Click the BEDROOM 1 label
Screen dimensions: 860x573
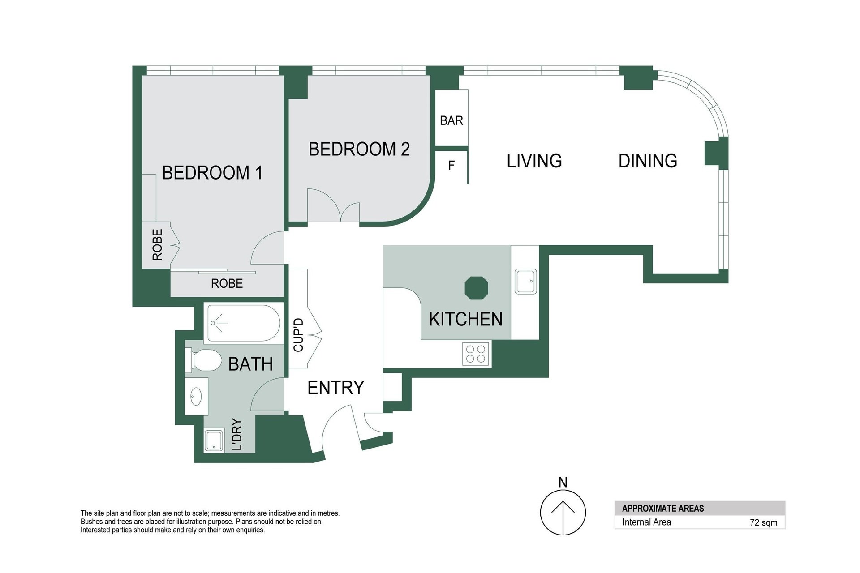[212, 173]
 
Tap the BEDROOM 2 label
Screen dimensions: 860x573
[359, 149]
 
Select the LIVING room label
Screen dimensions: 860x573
[534, 161]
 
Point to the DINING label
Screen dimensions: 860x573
[648, 161]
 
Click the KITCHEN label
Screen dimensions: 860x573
[466, 319]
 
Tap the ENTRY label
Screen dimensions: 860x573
[336, 388]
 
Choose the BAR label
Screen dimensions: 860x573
[451, 120]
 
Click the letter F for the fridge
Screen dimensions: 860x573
[451, 166]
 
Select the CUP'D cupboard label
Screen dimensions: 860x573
[298, 335]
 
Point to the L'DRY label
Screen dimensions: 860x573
[237, 434]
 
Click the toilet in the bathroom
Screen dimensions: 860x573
[204, 361]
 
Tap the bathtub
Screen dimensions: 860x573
[242, 323]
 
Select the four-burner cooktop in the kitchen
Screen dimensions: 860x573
[476, 353]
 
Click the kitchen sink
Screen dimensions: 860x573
[525, 282]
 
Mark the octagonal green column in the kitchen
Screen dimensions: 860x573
[477, 288]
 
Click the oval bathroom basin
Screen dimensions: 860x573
[196, 396]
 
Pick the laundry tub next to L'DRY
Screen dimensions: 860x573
[214, 440]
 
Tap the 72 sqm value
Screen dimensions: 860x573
[764, 522]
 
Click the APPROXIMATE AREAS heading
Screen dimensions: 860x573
[663, 509]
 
